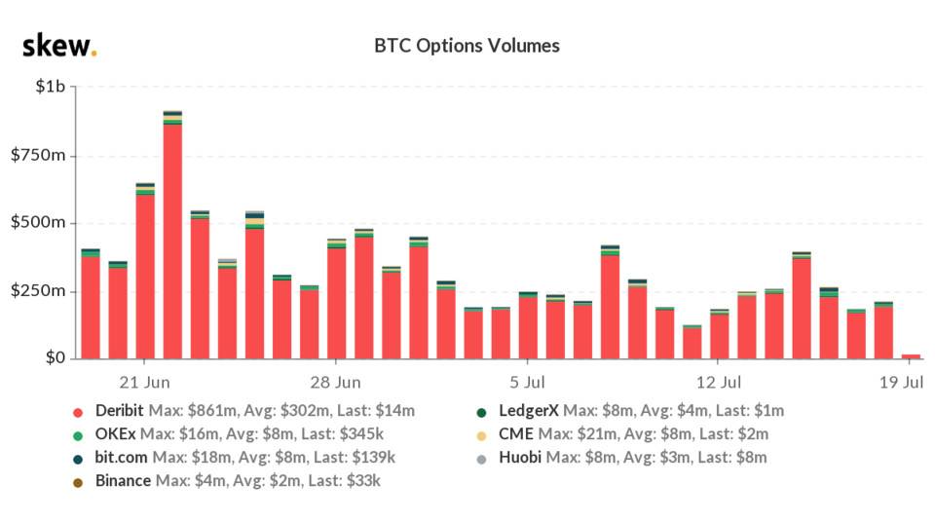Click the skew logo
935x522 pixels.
tap(58, 46)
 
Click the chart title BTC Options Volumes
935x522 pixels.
tap(467, 46)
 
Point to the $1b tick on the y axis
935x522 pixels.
tap(50, 88)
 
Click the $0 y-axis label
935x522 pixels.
tap(55, 358)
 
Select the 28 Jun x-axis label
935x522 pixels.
tap(336, 381)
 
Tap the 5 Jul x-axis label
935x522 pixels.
tap(527, 381)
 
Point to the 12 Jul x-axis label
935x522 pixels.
tap(719, 381)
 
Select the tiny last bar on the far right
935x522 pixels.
tap(911, 355)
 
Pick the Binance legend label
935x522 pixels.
tap(123, 480)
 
